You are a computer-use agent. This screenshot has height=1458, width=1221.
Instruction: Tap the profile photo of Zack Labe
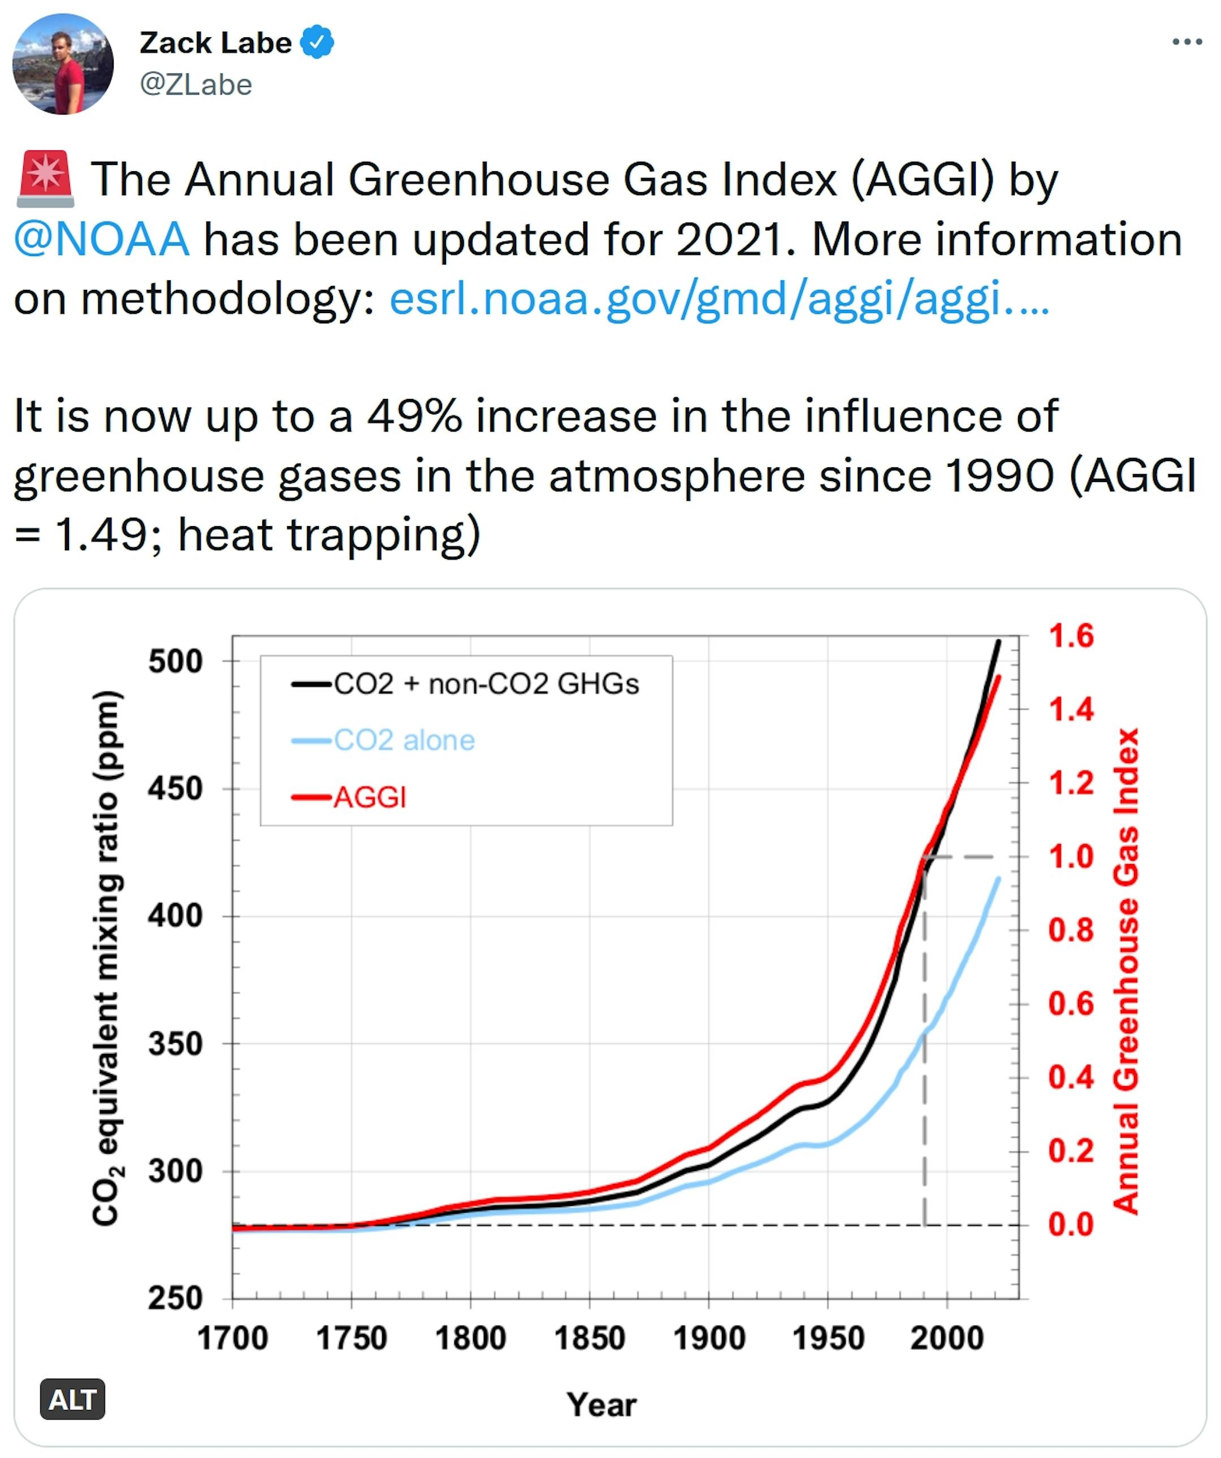pos(63,64)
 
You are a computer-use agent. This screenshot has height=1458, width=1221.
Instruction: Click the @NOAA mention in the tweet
pos(101,240)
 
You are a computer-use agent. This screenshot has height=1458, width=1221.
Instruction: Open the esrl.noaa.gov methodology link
pos(719,300)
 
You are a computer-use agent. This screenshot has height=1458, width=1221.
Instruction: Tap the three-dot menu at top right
pos(1187,42)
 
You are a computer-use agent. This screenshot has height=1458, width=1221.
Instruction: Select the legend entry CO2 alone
pos(404,741)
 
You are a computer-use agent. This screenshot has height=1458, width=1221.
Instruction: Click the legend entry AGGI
pos(370,797)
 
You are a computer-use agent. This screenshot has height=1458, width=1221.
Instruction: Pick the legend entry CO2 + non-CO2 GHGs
pos(486,684)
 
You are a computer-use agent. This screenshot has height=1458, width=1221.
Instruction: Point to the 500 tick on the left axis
pos(175,661)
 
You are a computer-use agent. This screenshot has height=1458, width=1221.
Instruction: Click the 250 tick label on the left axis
pos(175,1298)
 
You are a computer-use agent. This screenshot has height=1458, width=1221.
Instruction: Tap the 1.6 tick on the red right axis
pos(1070,636)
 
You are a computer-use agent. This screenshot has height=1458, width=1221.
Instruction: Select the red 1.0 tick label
pos(1070,857)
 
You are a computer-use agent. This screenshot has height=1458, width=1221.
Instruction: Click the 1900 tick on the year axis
pos(708,1338)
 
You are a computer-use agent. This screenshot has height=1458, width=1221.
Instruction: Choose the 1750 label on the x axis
pos(352,1338)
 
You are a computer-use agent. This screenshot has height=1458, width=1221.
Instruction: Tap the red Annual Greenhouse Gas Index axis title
pos(1127,972)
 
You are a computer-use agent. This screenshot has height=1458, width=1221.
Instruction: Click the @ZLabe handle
pos(196,85)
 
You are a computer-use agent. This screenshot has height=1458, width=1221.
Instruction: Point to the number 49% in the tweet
pos(414,416)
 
